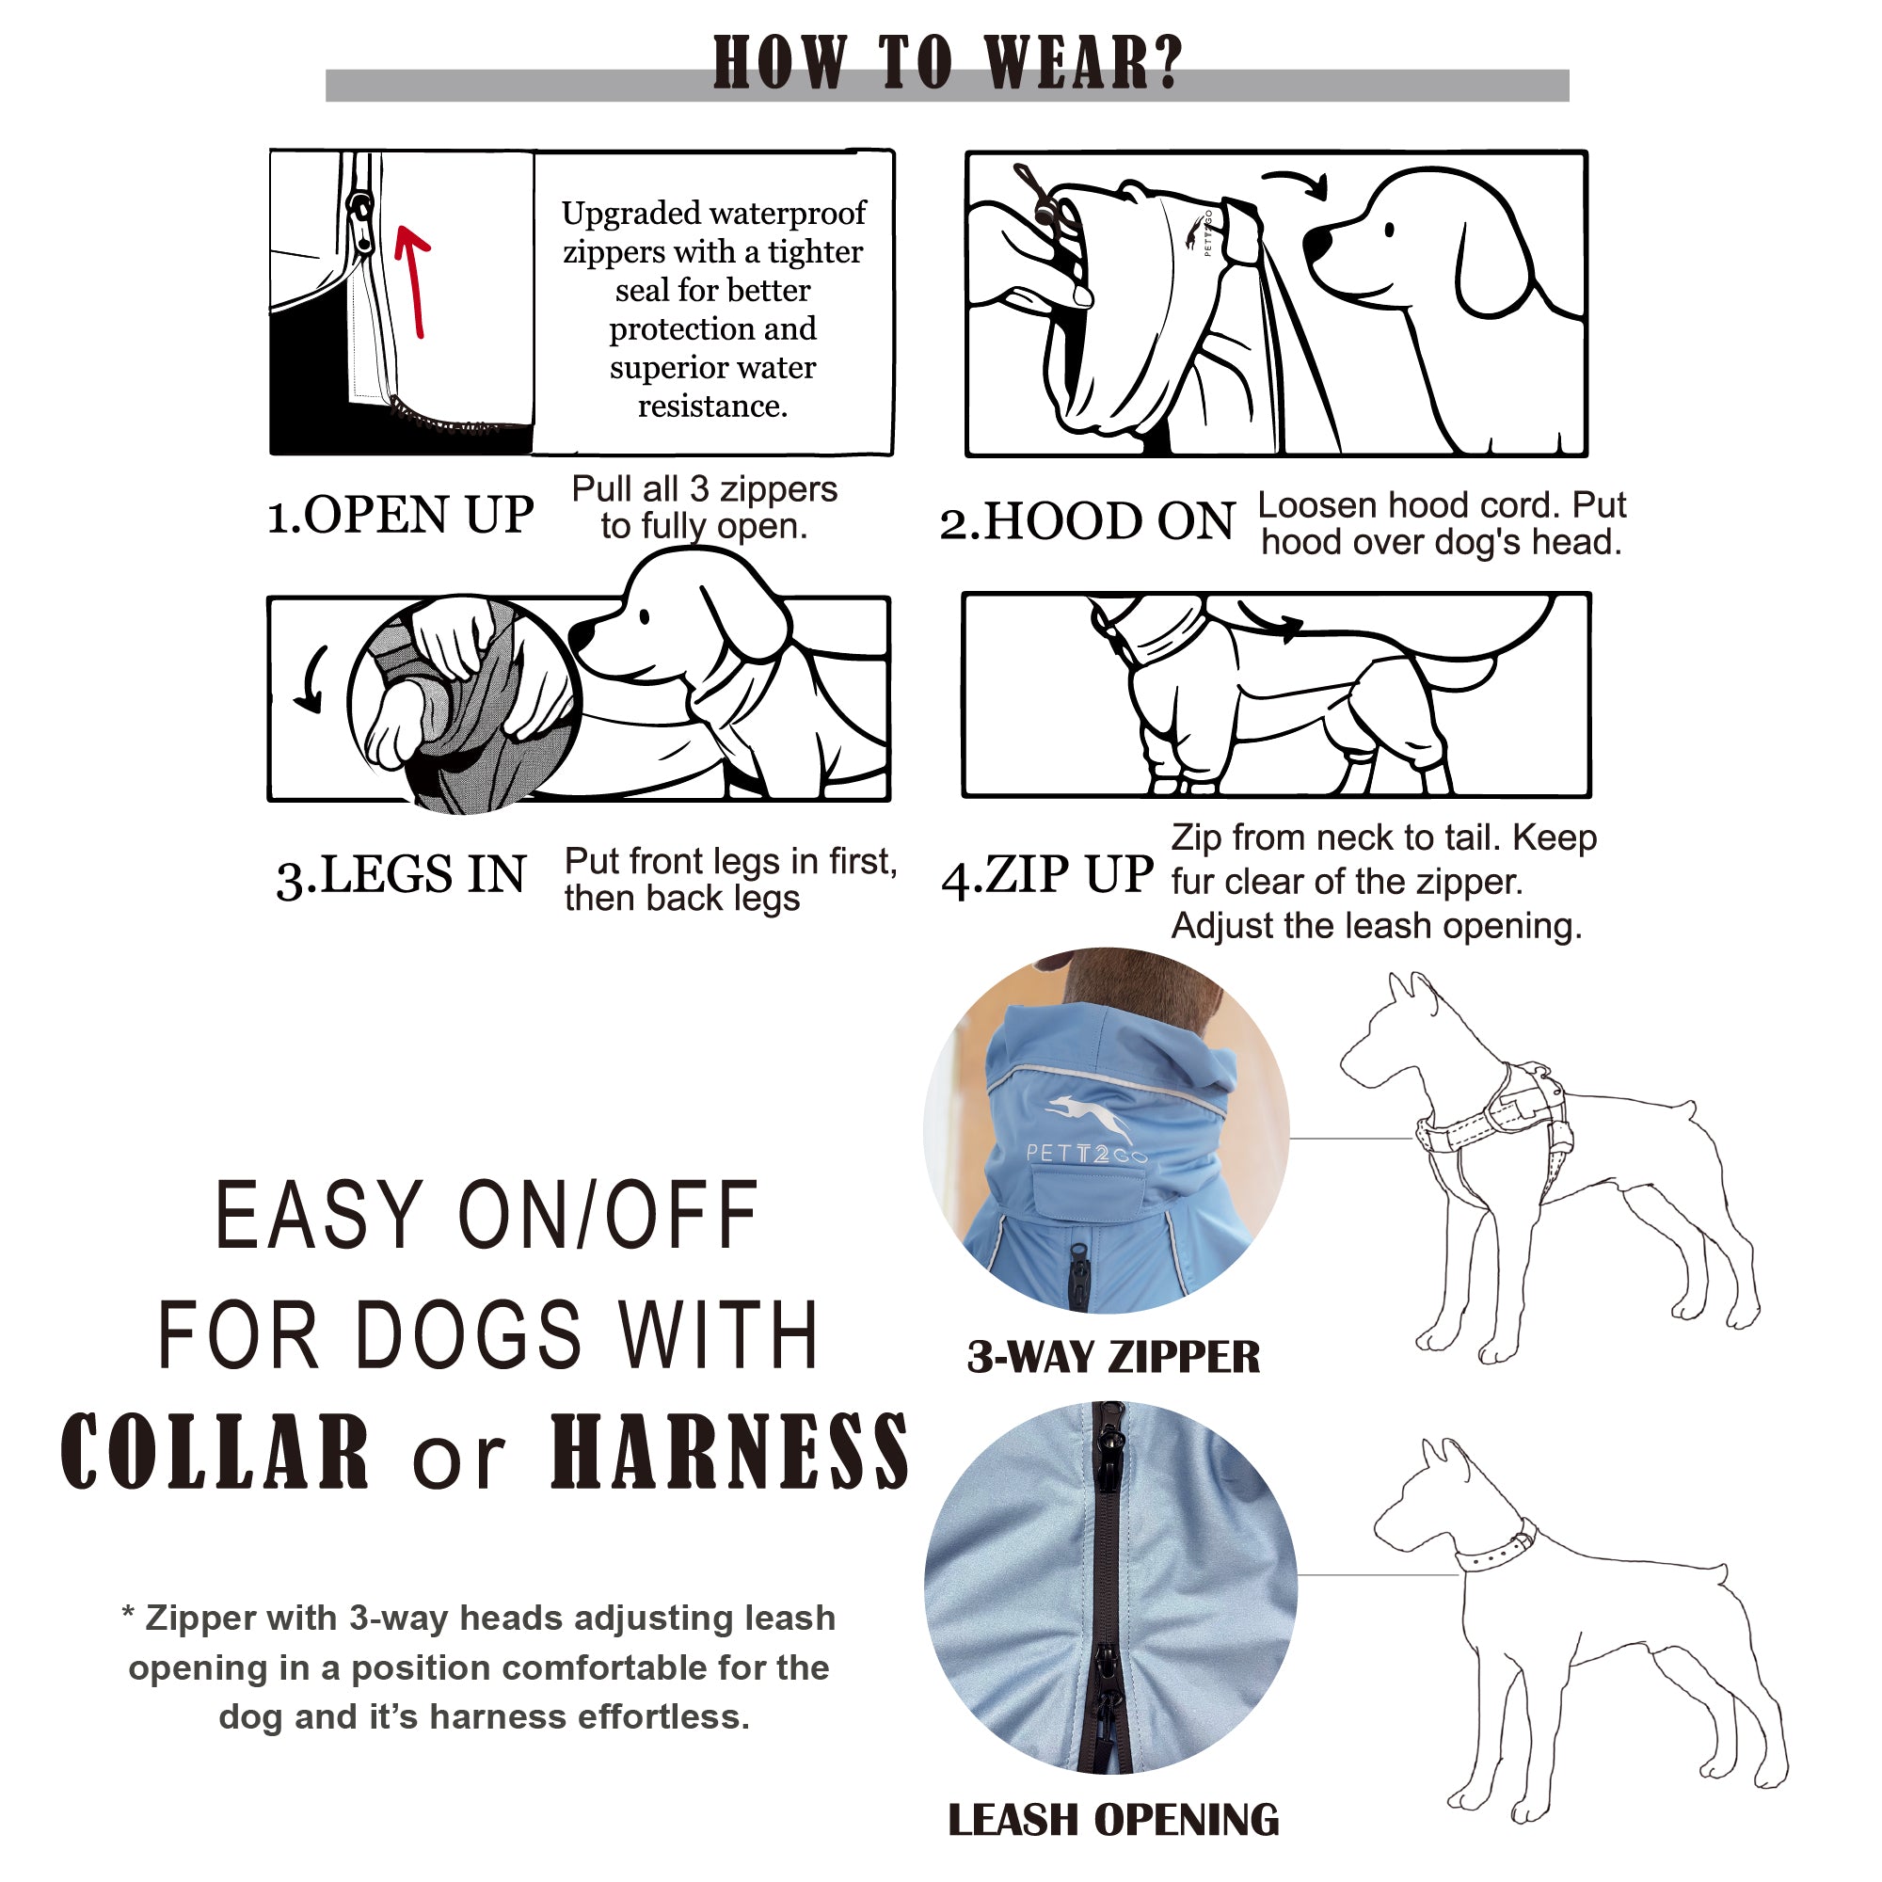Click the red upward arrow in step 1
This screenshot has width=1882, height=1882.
tap(414, 282)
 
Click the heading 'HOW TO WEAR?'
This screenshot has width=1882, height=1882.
tap(947, 63)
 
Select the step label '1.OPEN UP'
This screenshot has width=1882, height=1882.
tap(400, 515)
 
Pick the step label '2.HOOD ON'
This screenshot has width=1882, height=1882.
tap(1087, 521)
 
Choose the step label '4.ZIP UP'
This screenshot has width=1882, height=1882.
tap(1047, 874)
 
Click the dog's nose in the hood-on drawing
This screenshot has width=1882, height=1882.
tap(1317, 243)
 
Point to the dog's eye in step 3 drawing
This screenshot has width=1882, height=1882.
tap(645, 615)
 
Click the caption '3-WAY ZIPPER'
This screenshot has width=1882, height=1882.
tap(1113, 1357)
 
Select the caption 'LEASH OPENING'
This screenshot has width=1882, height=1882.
tap(1113, 1820)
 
